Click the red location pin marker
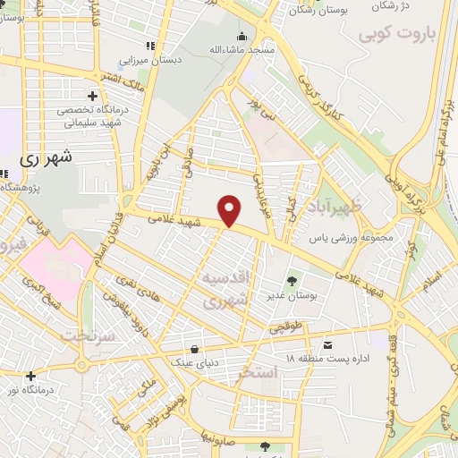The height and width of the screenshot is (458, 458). point(230,209)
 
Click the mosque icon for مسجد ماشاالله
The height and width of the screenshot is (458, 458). point(242,37)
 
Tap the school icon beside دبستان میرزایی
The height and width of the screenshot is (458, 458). point(150,45)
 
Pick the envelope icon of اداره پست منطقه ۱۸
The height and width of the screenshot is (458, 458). point(328,345)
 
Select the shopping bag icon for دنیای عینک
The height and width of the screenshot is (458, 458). point(194,349)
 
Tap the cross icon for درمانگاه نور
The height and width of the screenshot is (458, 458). point(31,376)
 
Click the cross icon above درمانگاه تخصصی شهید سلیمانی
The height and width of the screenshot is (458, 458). point(92,96)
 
